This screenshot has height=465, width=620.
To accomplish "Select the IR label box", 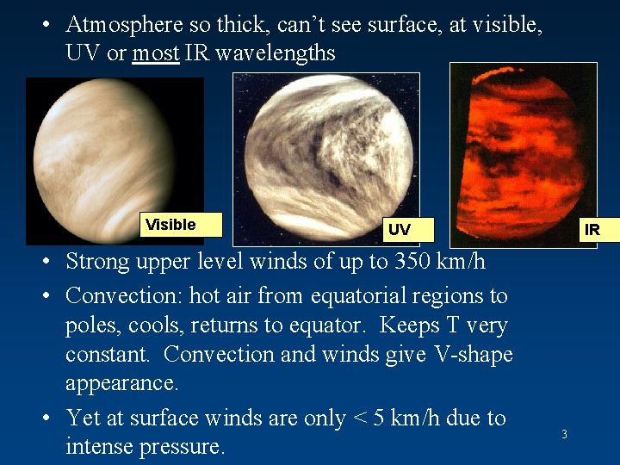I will [592, 230].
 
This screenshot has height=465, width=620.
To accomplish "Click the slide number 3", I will [564, 435].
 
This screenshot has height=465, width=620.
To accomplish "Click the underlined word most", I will [156, 53].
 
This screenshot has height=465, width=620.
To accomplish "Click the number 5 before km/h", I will [375, 418].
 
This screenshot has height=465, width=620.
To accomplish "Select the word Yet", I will [84, 418].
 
